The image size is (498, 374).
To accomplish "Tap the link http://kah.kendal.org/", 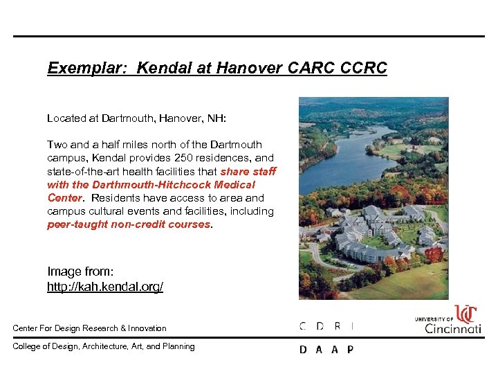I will coord(105,286).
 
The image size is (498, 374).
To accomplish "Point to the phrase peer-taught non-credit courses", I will coord(128,224).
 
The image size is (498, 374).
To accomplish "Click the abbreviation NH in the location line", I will coord(217,118).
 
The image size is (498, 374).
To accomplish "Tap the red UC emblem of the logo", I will coord(465,314).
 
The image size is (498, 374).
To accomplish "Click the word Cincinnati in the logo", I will coord(452,328).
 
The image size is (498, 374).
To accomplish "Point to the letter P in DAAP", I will coord(350,350).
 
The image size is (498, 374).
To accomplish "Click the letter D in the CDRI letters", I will coord(320,326).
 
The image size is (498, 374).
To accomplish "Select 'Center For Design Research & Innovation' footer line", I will coord(89,328).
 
